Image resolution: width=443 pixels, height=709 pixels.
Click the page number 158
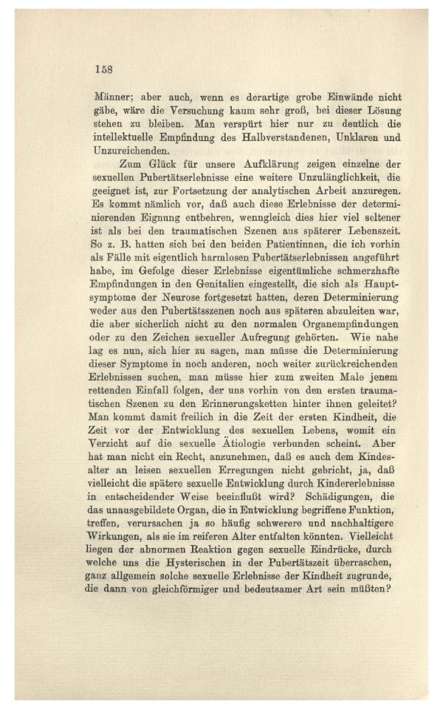[x=103, y=69]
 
